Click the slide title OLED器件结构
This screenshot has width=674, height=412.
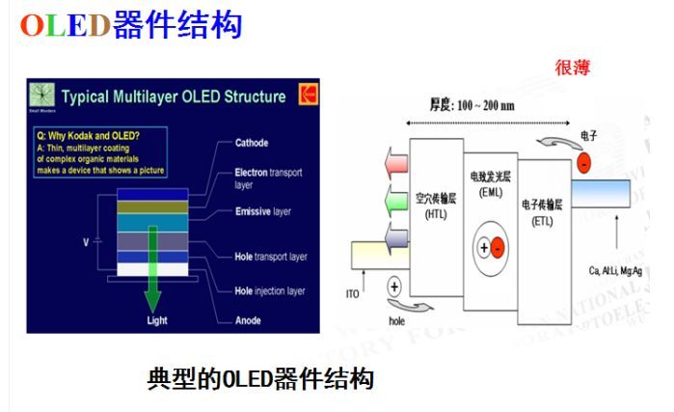131,24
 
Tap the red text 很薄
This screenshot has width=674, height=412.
571,68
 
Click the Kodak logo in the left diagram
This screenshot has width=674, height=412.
308,95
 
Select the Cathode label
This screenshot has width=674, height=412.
253,143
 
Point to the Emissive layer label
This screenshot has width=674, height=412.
263,211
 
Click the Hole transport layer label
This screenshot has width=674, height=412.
270,257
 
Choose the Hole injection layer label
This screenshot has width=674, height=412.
270,290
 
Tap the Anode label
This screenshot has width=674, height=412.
250,320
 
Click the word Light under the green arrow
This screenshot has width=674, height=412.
157,320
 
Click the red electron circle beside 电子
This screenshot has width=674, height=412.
584,164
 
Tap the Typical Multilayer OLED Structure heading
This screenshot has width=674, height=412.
174,96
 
